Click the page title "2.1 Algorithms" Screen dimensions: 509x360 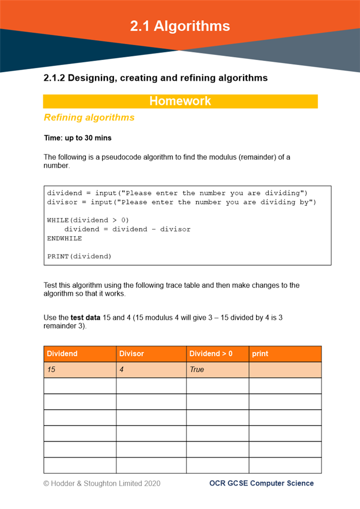180,26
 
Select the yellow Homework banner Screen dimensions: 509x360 180,101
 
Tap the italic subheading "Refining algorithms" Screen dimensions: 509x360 89,118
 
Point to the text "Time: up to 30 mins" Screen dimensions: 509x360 77,138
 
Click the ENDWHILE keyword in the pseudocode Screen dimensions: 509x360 64,238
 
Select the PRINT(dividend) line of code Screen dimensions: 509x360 79,256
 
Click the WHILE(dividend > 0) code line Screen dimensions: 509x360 88,220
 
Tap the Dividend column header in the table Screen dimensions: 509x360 62,353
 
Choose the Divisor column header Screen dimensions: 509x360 131,353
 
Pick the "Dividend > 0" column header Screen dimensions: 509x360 211,353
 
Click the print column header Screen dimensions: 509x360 260,353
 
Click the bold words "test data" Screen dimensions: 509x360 86,318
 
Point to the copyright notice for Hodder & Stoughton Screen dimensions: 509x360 102,483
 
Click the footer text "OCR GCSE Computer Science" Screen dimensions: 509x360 261,483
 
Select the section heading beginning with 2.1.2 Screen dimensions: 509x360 156,78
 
